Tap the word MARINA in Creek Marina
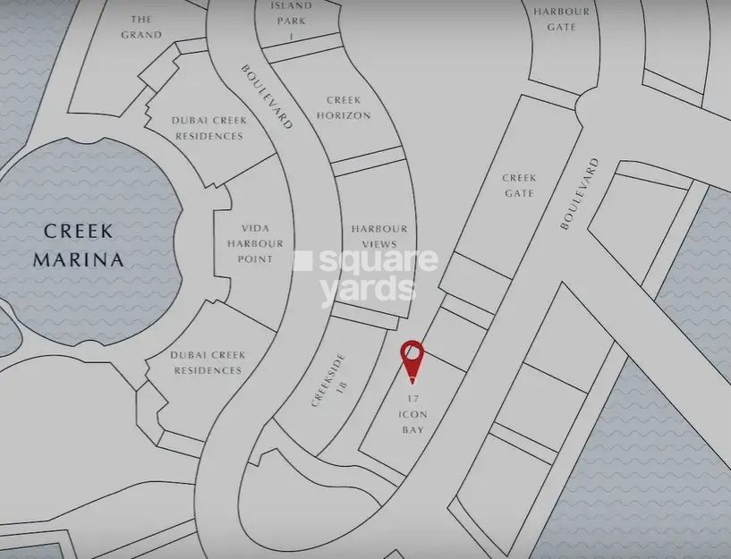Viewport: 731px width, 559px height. point(78,259)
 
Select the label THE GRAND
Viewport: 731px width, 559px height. point(141,27)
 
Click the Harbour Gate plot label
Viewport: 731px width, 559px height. point(561,19)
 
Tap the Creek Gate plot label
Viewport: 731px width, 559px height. point(518,185)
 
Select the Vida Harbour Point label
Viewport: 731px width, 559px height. point(255,243)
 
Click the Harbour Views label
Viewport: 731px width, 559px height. point(378,236)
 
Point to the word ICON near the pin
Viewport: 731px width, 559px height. point(412,414)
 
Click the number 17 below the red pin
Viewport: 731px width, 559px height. point(412,398)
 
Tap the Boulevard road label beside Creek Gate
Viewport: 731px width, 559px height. point(578,194)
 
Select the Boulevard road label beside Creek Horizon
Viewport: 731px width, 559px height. point(267,97)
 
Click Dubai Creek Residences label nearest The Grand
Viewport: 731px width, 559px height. point(207,128)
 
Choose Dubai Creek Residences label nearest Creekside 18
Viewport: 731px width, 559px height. point(207,362)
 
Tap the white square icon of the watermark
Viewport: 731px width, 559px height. point(304,260)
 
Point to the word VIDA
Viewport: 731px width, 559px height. point(255,228)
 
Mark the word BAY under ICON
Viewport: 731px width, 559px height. point(412,429)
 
